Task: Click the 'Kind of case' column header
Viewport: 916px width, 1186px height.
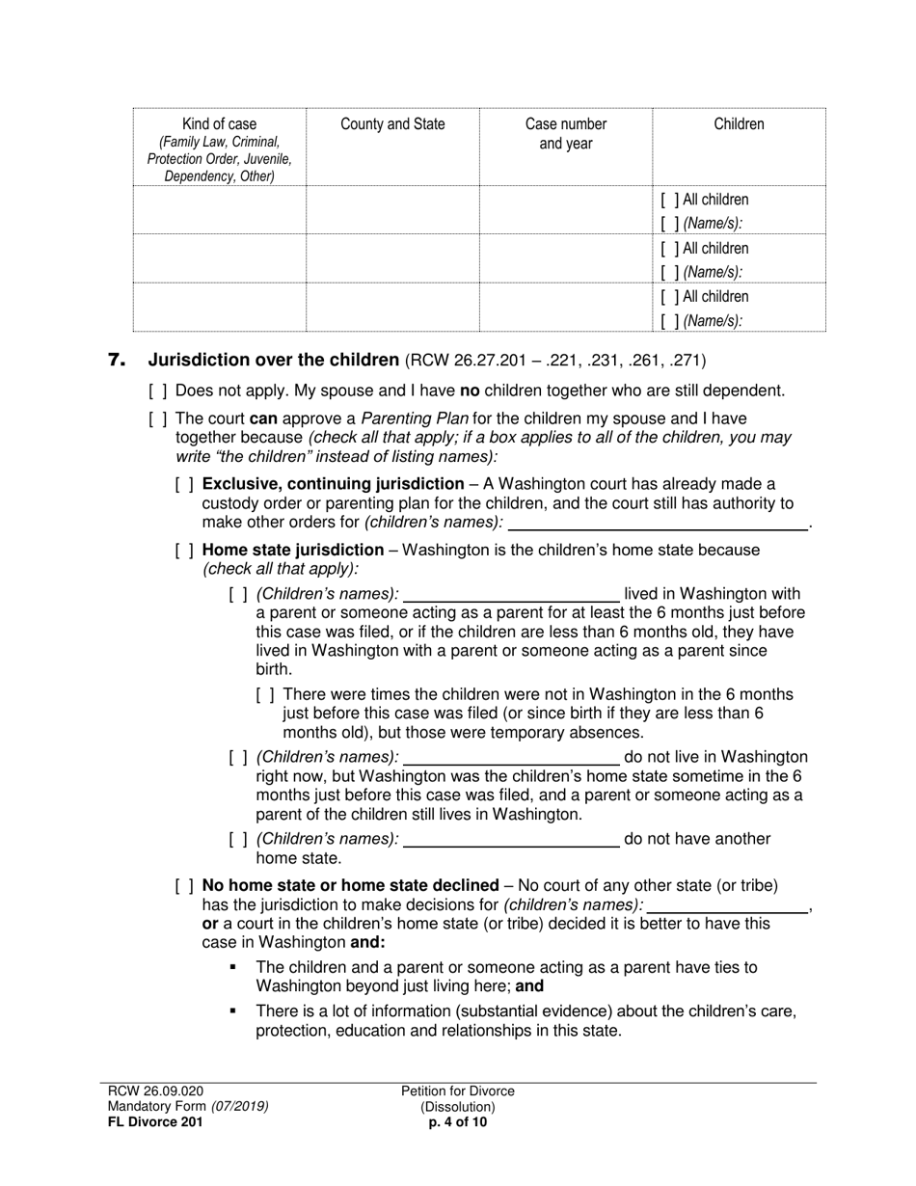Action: click(219, 124)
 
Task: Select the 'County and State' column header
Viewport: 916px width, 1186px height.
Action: click(392, 124)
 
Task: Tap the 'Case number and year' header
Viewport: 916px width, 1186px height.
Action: click(566, 134)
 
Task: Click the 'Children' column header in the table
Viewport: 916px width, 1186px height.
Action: click(739, 124)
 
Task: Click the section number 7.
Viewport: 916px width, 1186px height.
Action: click(117, 361)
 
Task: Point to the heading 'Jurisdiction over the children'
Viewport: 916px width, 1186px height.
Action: click(273, 361)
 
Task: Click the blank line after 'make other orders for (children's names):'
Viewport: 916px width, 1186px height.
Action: click(658, 524)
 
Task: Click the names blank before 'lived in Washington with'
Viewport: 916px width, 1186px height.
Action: click(511, 595)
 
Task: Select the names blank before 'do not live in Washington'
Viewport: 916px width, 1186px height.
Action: click(511, 758)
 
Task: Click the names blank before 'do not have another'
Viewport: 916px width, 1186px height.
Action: click(511, 840)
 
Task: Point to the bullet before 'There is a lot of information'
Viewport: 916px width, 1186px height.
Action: click(232, 1011)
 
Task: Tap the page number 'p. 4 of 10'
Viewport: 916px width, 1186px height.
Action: click(458, 1122)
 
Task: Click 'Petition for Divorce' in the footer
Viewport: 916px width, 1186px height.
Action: click(458, 1092)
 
